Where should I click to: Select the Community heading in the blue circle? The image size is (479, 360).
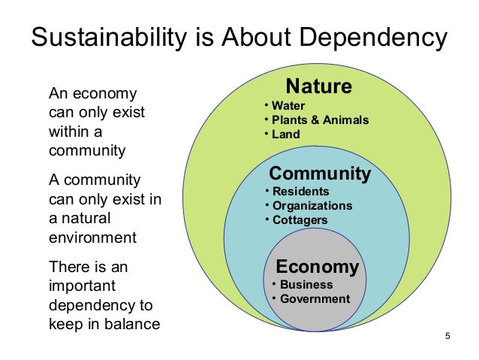point(320,174)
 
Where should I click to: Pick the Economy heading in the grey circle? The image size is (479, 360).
point(318,267)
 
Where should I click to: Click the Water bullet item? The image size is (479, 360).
point(288,105)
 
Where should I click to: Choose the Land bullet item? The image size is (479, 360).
point(285,135)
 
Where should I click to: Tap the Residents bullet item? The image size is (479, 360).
point(300,191)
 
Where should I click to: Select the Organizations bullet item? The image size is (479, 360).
point(312,205)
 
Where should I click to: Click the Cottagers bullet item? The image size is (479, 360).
point(300,219)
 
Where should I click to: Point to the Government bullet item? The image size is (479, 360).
point(315,299)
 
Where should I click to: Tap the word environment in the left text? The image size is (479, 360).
point(92,238)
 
